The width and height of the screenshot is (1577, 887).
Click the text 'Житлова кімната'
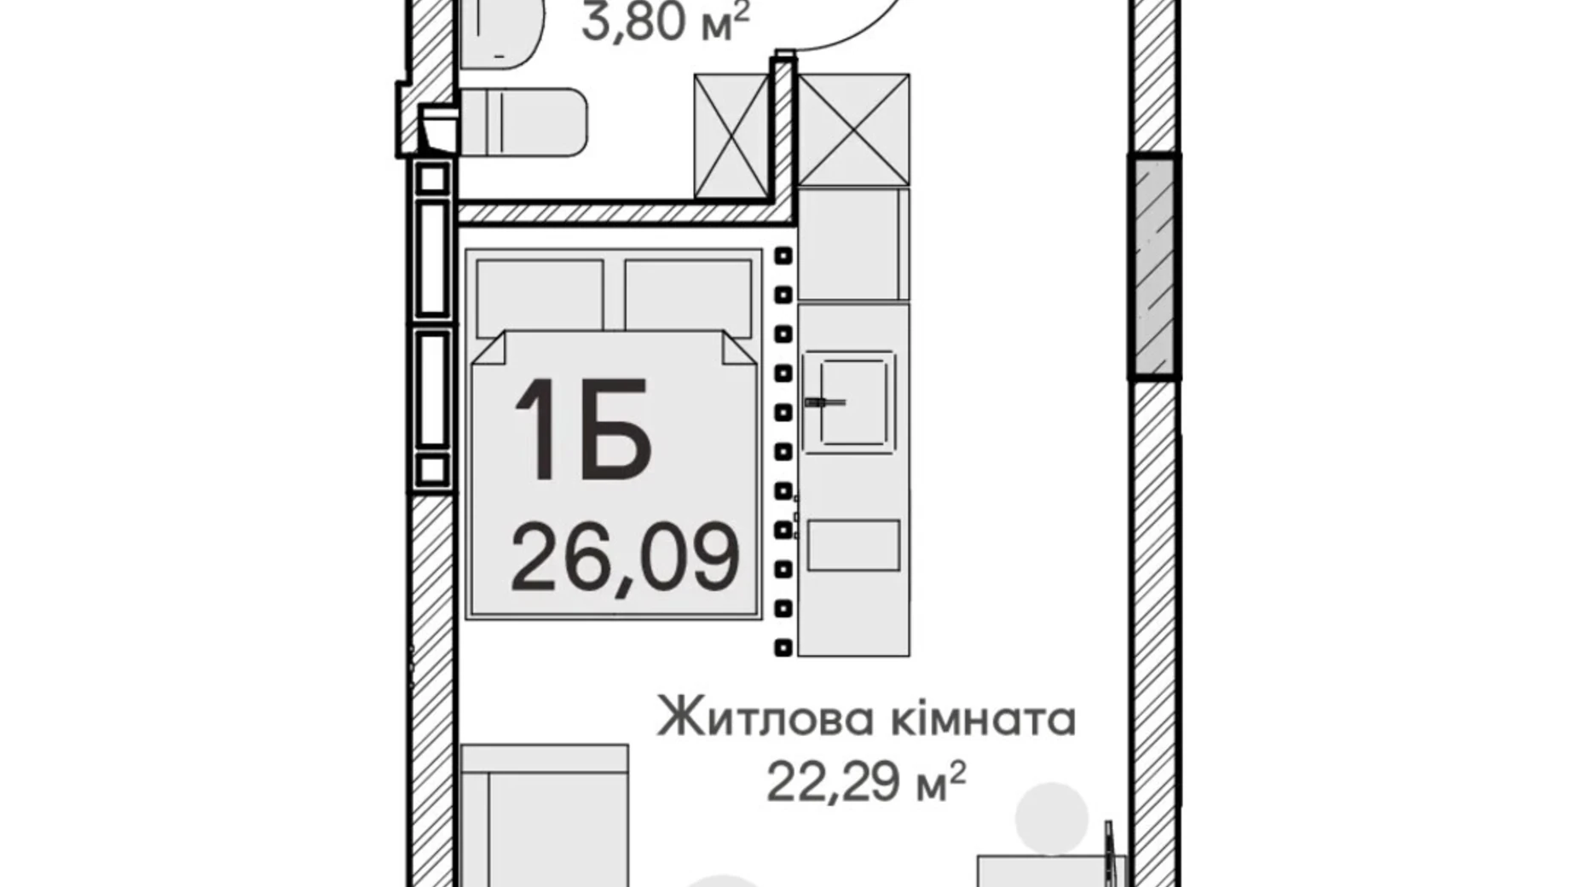[x=866, y=719]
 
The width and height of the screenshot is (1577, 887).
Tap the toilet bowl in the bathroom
[x=522, y=123]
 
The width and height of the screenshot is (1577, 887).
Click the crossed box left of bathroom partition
[x=732, y=136]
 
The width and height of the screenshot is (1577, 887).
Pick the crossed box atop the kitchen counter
[x=853, y=129]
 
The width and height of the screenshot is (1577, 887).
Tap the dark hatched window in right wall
[x=1153, y=266]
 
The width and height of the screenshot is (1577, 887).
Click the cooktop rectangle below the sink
[x=853, y=545]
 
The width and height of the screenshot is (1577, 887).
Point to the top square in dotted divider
[x=783, y=256]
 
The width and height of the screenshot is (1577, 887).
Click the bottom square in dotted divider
[x=783, y=647]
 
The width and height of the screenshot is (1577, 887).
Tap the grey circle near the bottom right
[x=1052, y=816]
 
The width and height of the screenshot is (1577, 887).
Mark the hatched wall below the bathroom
[x=618, y=212]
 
